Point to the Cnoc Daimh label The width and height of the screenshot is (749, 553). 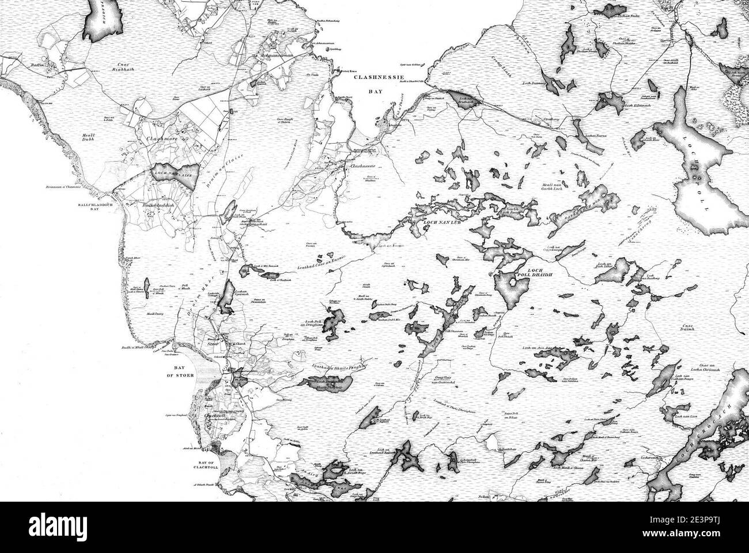691,329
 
